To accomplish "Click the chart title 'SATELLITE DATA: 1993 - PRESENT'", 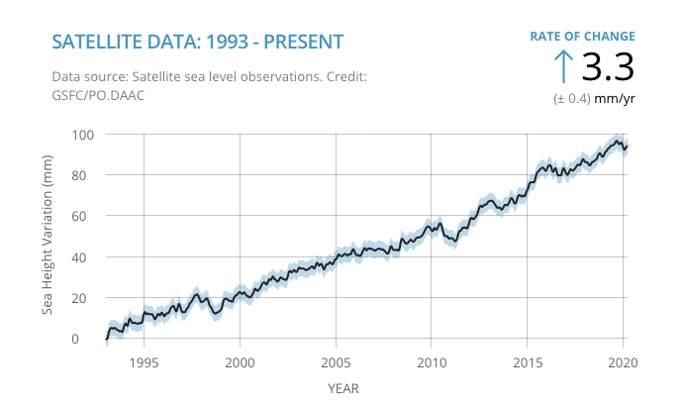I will click(x=197, y=42).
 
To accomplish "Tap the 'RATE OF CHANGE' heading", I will click(x=582, y=37).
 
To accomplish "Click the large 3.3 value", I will click(x=606, y=67).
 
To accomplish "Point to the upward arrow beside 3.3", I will click(x=562, y=66).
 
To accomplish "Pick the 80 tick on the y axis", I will click(x=87, y=175).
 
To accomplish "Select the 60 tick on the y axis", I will click(x=87, y=216).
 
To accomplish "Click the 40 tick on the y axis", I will click(x=87, y=257).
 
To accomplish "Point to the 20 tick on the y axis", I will click(x=87, y=298).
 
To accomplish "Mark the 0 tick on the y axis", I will click(x=90, y=339).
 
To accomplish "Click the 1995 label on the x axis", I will click(x=145, y=362).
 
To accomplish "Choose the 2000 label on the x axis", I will click(x=241, y=362).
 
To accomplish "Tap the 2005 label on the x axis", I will click(x=336, y=362).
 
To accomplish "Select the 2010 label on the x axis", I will click(x=432, y=362).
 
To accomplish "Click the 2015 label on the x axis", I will click(x=528, y=362).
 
